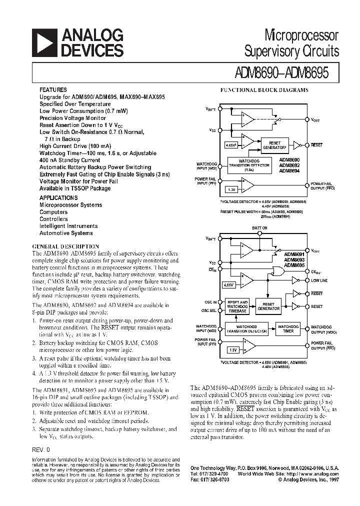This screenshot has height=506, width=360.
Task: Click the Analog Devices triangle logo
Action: point(44,42)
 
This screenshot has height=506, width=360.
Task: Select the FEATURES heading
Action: point(52,89)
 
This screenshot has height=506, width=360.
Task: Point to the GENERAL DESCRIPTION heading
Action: point(65,246)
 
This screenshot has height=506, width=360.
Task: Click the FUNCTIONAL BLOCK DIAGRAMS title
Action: point(264,90)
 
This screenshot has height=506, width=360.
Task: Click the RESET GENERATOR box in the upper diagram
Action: point(274,145)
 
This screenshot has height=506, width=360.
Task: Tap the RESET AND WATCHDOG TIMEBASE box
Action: point(237,306)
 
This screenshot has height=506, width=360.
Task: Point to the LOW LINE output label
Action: point(319,281)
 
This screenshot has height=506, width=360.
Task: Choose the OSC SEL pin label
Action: point(209,310)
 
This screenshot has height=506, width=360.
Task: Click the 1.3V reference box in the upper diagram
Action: point(231,190)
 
